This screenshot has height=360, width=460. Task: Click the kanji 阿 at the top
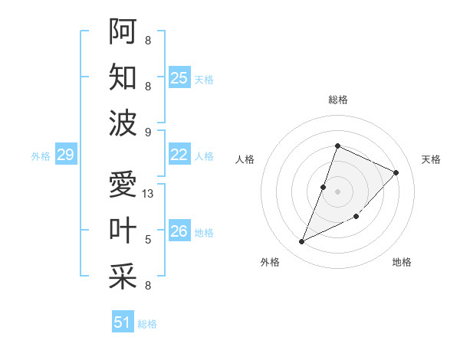point(123,31)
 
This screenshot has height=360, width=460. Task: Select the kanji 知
point(123,77)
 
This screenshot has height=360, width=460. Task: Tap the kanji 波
point(123,123)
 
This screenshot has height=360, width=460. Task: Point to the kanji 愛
point(123,185)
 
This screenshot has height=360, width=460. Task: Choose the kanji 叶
point(123,231)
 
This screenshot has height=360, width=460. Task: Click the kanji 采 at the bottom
point(123,277)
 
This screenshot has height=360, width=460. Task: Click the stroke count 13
point(149,194)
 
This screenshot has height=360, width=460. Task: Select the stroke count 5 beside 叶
point(148,240)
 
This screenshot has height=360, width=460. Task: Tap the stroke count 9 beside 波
point(148,133)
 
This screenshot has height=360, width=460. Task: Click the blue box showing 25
point(179,78)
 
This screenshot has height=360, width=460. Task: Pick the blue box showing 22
point(179,155)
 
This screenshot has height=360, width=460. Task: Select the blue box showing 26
point(179,231)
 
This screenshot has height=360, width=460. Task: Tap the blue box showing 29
point(66,155)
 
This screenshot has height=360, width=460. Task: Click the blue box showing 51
point(123,322)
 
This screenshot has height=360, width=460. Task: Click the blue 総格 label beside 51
point(147,324)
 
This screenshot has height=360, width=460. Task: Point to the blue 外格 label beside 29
point(41,156)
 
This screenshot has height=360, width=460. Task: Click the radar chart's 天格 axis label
point(431,159)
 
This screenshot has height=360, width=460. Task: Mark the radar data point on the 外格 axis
point(302,242)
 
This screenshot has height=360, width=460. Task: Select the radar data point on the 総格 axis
point(337,146)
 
